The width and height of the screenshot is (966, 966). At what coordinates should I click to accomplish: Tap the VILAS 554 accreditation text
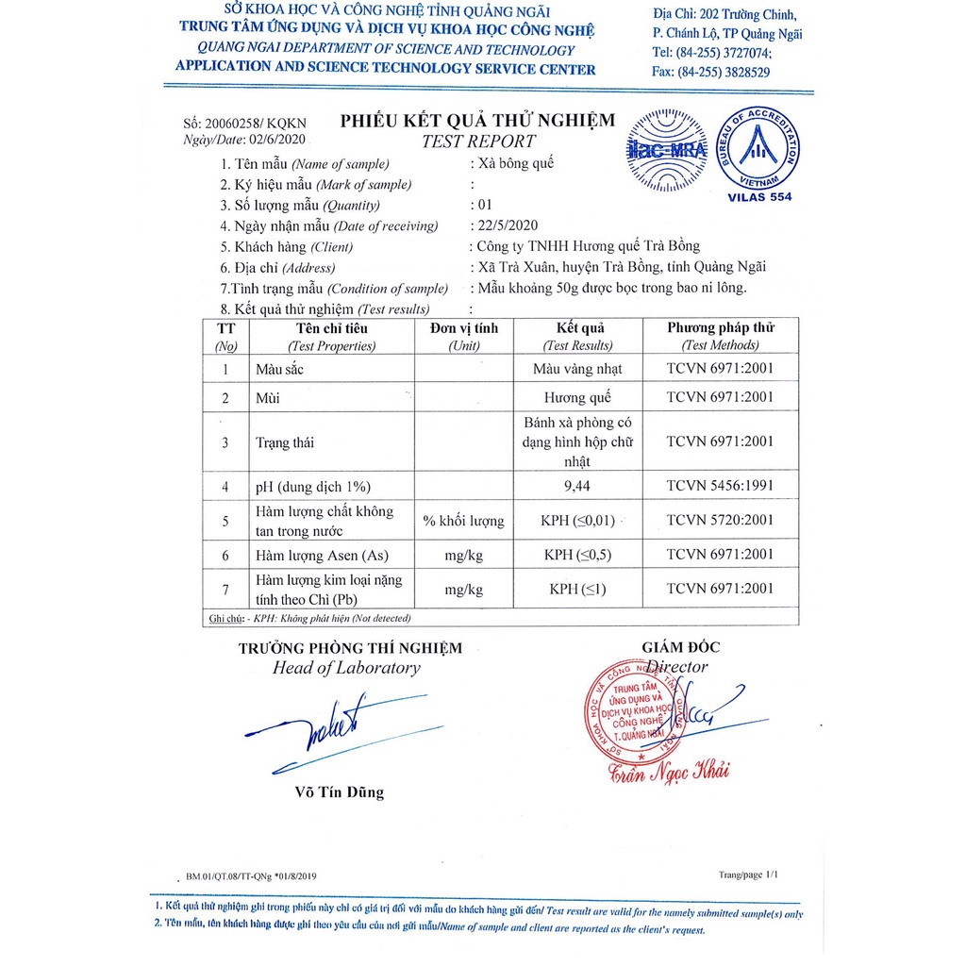click(760, 197)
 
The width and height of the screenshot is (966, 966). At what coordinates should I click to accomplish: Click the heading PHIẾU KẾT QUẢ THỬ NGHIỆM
click(477, 121)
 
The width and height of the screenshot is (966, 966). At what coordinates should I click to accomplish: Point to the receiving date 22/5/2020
click(503, 225)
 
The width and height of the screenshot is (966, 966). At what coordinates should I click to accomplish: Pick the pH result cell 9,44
click(577, 487)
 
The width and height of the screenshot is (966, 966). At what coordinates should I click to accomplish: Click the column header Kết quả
click(577, 328)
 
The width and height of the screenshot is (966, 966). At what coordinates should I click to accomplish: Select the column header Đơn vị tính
click(464, 328)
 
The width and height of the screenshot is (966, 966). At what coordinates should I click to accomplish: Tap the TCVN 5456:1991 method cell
click(720, 487)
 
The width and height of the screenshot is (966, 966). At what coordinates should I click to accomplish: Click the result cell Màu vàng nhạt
click(577, 369)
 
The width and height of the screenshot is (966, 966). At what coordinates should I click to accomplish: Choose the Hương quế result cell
click(577, 398)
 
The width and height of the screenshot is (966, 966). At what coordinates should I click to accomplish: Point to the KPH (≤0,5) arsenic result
click(577, 555)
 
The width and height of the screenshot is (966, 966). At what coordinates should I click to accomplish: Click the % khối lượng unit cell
click(464, 521)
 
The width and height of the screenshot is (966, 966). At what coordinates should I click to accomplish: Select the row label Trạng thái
click(285, 442)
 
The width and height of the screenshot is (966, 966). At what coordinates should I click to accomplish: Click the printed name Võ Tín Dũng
click(340, 792)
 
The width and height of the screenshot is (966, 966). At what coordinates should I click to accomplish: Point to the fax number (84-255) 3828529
click(711, 72)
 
